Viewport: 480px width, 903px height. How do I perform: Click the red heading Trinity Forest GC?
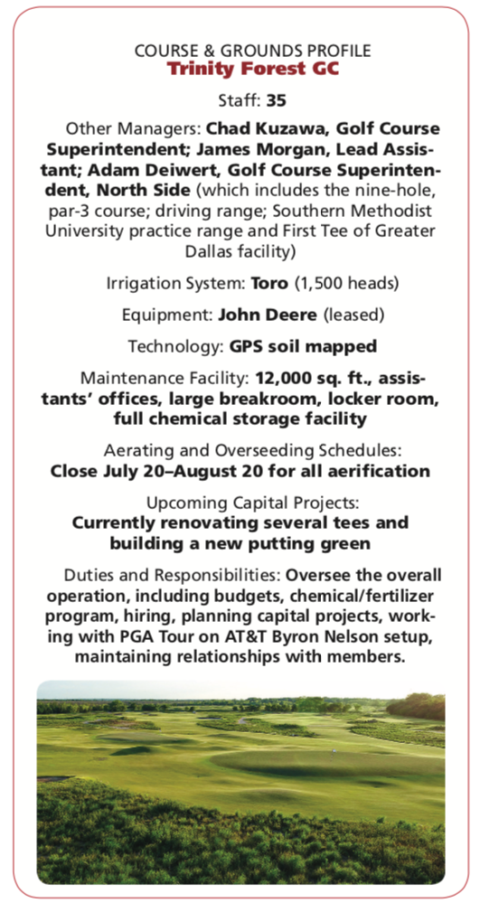pos(240,70)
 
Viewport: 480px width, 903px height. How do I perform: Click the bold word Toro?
pos(269,282)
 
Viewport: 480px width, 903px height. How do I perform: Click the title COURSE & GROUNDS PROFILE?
pos(240,51)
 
